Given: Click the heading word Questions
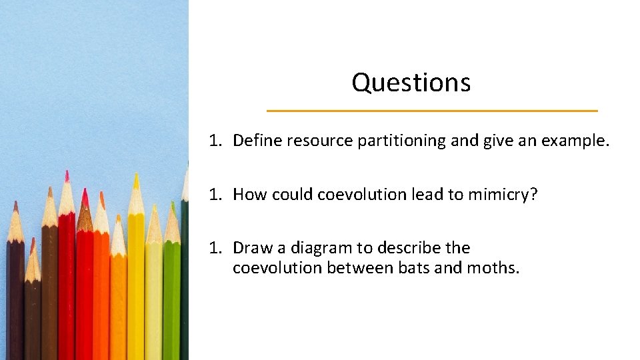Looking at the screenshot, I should pyautogui.click(x=411, y=83).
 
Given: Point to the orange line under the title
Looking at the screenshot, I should pyautogui.click(x=432, y=111).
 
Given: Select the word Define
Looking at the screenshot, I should pyautogui.click(x=257, y=141).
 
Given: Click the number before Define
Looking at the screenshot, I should pyautogui.click(x=213, y=141).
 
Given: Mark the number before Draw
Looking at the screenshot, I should pyautogui.click(x=213, y=248).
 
